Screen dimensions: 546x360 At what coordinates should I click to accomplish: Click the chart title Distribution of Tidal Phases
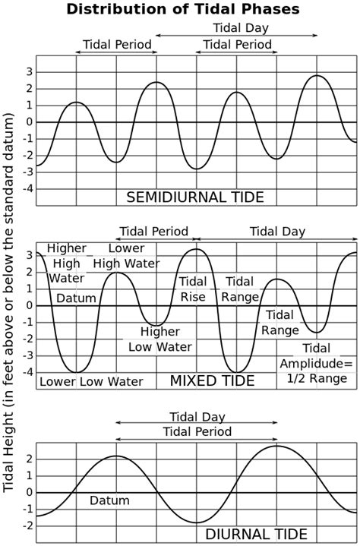click(182, 9)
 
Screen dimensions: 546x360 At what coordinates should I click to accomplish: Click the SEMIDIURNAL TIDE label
click(194, 197)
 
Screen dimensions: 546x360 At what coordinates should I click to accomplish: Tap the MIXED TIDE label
click(212, 380)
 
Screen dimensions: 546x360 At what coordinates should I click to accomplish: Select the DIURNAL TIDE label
click(256, 534)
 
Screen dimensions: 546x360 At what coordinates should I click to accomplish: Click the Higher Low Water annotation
click(159, 339)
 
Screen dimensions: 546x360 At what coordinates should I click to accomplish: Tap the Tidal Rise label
click(192, 289)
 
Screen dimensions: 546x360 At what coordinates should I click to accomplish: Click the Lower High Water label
click(127, 256)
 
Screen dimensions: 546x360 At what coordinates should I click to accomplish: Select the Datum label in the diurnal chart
click(109, 500)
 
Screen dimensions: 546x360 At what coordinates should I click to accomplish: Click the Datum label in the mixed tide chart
click(76, 297)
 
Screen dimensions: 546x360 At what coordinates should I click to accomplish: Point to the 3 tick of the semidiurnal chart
click(29, 71)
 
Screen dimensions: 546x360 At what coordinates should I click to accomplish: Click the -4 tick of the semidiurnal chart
click(27, 188)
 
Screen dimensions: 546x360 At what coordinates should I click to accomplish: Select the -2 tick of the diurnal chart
click(27, 525)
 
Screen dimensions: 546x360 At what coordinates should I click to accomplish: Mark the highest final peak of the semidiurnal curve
click(317, 75)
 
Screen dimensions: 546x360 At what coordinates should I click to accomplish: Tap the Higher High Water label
click(66, 264)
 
